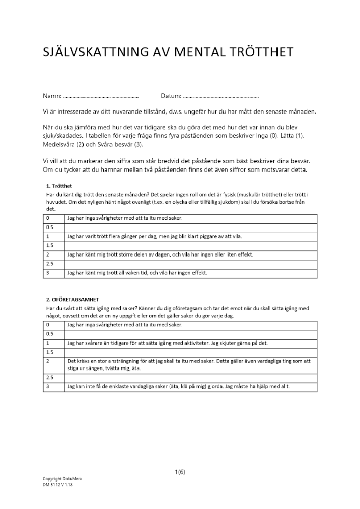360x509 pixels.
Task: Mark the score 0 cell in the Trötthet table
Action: tap(53, 218)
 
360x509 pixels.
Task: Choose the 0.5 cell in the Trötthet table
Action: tap(53, 227)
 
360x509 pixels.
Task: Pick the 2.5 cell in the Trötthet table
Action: tap(53, 264)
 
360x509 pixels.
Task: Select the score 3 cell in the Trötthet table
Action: tap(53, 273)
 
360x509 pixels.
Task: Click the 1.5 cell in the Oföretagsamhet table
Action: tap(53, 352)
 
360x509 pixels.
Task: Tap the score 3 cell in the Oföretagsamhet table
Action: tap(53, 387)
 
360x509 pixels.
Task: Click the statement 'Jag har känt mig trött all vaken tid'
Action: tap(137, 273)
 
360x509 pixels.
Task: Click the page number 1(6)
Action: tap(180, 472)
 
